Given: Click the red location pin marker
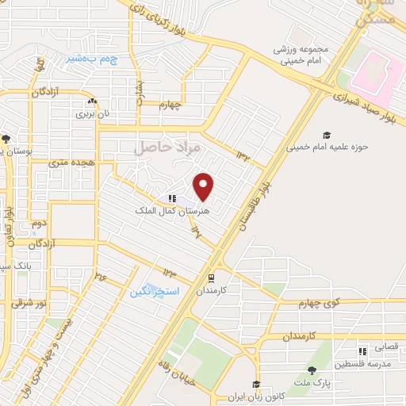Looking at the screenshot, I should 205,186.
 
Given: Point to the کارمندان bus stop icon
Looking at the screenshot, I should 212,278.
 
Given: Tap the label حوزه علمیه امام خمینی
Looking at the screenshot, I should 322,147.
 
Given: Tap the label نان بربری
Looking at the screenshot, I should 90,113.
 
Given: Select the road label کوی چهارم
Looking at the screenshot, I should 302,304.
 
